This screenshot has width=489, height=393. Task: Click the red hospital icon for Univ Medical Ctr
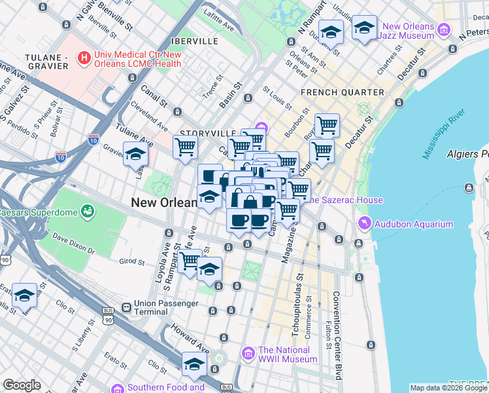84,58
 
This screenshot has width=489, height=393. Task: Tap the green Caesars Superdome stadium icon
86,212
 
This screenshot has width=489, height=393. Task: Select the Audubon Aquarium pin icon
364,224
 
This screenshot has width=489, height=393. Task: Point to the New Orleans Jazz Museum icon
445,30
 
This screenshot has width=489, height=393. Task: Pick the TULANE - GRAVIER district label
46,62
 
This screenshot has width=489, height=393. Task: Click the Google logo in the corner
22,385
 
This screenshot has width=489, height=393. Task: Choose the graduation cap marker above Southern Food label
194,365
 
